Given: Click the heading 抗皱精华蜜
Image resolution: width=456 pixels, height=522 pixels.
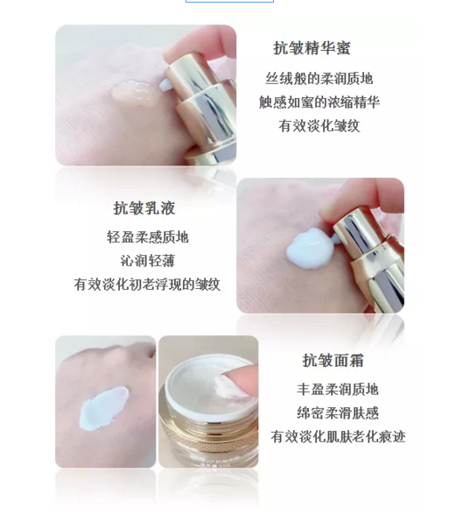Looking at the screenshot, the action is [x=312, y=48].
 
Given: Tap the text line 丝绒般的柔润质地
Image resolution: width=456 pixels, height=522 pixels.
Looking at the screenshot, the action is [x=319, y=79].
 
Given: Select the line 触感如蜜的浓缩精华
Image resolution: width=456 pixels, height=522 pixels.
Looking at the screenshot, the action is [x=319, y=102].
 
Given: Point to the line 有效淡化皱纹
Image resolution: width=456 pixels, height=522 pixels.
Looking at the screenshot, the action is [x=319, y=126].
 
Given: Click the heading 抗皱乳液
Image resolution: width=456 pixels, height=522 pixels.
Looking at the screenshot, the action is [x=144, y=208].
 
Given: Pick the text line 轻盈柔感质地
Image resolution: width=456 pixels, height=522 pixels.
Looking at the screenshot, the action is [x=148, y=237].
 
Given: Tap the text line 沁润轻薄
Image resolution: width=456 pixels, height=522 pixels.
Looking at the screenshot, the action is [x=148, y=261].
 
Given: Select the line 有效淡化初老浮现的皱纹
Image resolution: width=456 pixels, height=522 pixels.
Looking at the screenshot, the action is [x=147, y=285].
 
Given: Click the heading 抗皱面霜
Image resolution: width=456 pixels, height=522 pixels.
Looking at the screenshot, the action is [x=333, y=361].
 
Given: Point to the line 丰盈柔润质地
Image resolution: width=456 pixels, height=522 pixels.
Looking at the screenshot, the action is [x=338, y=389].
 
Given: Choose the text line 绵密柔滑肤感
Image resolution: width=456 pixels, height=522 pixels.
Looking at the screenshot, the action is [x=338, y=413].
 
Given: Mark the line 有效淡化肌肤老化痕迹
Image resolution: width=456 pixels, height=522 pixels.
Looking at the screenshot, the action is [x=338, y=436].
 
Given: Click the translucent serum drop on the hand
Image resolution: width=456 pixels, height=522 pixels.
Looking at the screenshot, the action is [x=136, y=92].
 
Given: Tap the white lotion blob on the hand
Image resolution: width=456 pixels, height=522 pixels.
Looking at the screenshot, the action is [x=310, y=248].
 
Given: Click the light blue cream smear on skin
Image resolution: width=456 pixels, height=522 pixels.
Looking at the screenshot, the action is [x=103, y=408].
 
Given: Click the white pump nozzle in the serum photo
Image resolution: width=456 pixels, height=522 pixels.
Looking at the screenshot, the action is [x=165, y=85].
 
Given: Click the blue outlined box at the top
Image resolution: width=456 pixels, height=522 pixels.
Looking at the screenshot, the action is [x=229, y=2].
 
